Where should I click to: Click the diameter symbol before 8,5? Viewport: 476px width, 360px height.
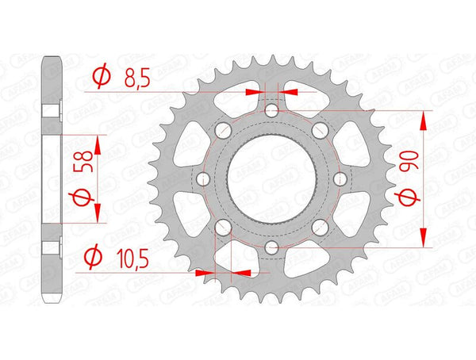pyautogui.click(x=101, y=77)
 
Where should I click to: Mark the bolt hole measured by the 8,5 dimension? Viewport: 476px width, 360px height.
pyautogui.click(x=271, y=110)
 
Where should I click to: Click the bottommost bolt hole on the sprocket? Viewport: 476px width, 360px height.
pyautogui.click(x=271, y=248)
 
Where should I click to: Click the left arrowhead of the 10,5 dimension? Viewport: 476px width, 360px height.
pyautogui.click(x=205, y=272)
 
